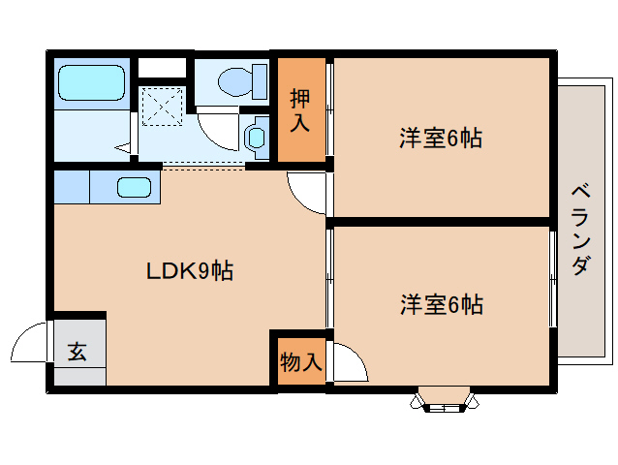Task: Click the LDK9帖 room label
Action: [189, 272]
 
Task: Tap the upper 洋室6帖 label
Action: [441, 139]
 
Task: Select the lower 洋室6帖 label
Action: [441, 305]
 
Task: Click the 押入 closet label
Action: [301, 109]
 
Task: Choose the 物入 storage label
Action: [299, 361]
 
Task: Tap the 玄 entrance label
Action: [77, 352]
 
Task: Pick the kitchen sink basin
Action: [134, 187]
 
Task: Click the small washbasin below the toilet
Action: [258, 136]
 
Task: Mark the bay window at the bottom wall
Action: [446, 400]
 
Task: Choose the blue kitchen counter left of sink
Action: [72, 186]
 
